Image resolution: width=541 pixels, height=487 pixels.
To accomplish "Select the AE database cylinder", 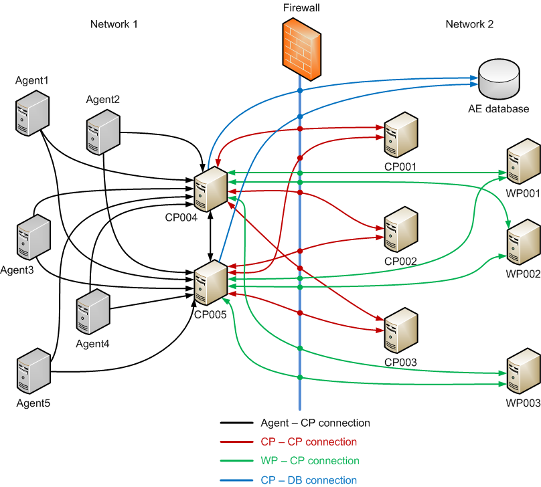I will pos(498,80).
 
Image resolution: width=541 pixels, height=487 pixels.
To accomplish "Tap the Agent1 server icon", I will pos(33,113).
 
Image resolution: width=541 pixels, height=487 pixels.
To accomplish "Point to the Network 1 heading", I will pos(114,24).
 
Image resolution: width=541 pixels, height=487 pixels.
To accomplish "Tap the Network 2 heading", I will pos(469,24).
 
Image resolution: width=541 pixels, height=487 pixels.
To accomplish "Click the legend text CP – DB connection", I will pos(308,480).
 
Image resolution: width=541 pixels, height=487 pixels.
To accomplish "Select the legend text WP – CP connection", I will pos(309,461).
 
